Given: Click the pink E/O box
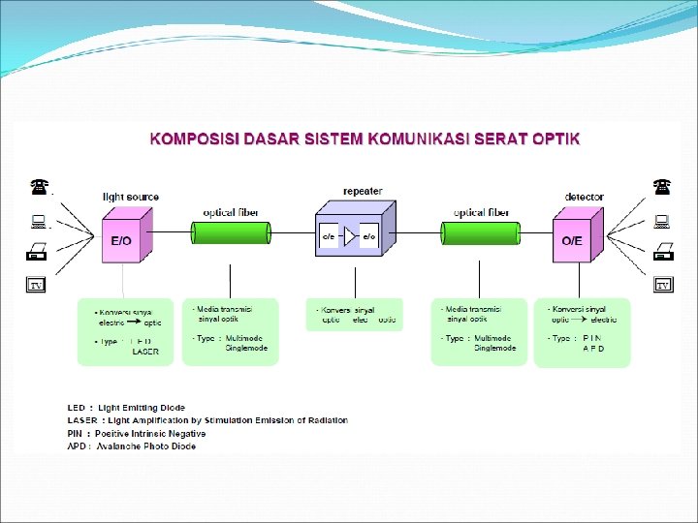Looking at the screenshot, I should click(x=122, y=237).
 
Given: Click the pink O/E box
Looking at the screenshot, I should click(x=572, y=237).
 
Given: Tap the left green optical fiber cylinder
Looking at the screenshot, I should click(x=231, y=233).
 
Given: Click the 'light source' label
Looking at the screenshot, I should click(x=131, y=198).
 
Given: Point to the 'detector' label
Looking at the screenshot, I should click(x=584, y=198).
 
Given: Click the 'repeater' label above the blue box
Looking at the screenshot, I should click(x=363, y=191).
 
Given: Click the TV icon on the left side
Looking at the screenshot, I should click(x=36, y=286).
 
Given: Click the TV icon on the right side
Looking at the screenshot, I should click(x=663, y=286).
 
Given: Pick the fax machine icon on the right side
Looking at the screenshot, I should click(x=663, y=253).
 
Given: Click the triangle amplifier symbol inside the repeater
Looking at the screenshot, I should click(x=349, y=236).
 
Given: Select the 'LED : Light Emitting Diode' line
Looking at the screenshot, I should click(x=126, y=408).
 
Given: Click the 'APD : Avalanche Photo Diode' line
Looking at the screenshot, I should click(x=131, y=446).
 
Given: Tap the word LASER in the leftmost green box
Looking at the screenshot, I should click(x=144, y=352).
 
